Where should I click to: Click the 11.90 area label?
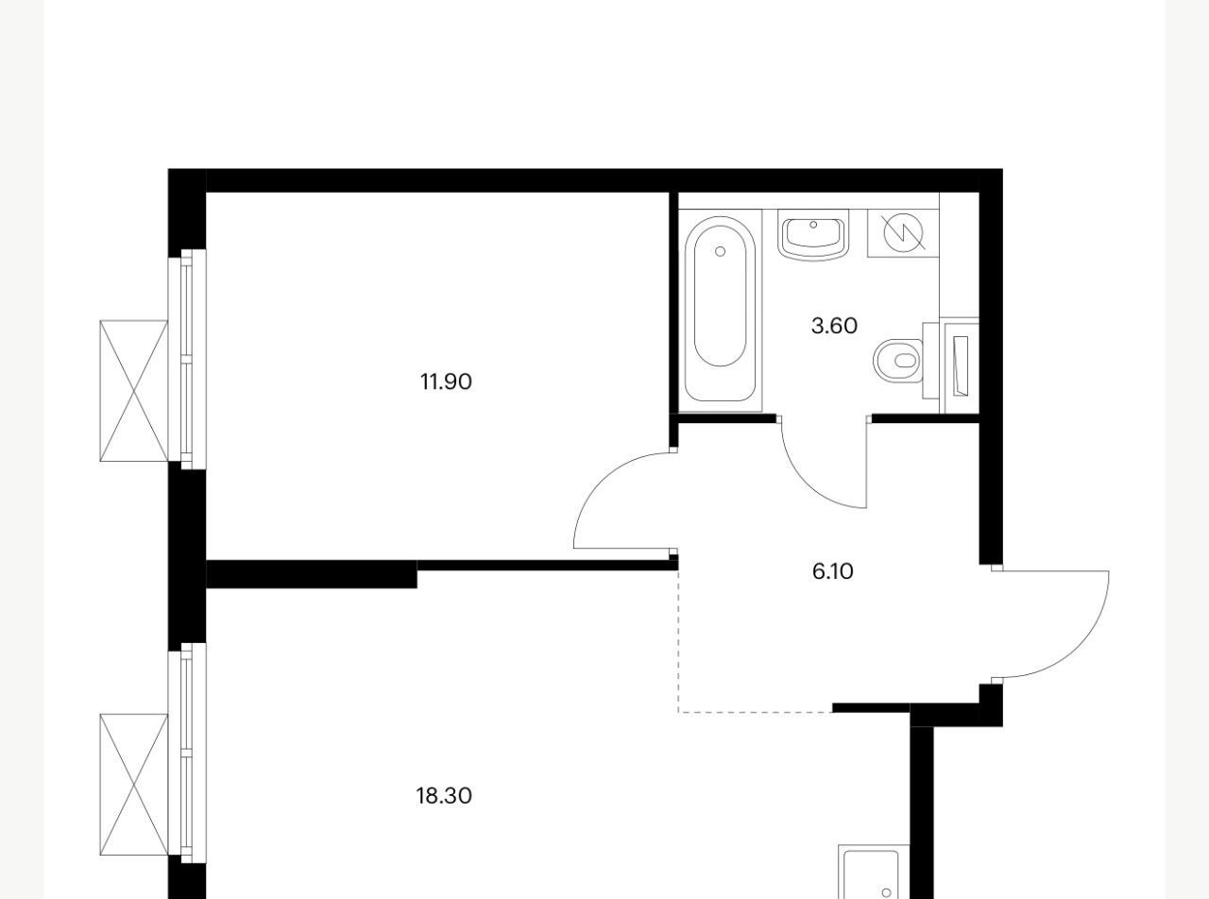tap(445, 382)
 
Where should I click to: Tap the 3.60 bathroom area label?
tap(834, 326)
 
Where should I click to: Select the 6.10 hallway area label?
tap(832, 571)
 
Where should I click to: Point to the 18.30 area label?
tap(444, 796)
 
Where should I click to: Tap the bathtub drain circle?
tap(720, 251)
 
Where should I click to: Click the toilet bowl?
tap(897, 361)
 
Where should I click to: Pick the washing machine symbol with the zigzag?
tap(903, 232)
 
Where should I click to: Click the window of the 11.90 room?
tap(187, 359)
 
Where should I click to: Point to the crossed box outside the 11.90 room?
tap(133, 390)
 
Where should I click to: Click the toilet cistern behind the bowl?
tap(930, 361)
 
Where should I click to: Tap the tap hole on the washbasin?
tap(813, 224)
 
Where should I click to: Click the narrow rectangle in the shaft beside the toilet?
tap(960, 365)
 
